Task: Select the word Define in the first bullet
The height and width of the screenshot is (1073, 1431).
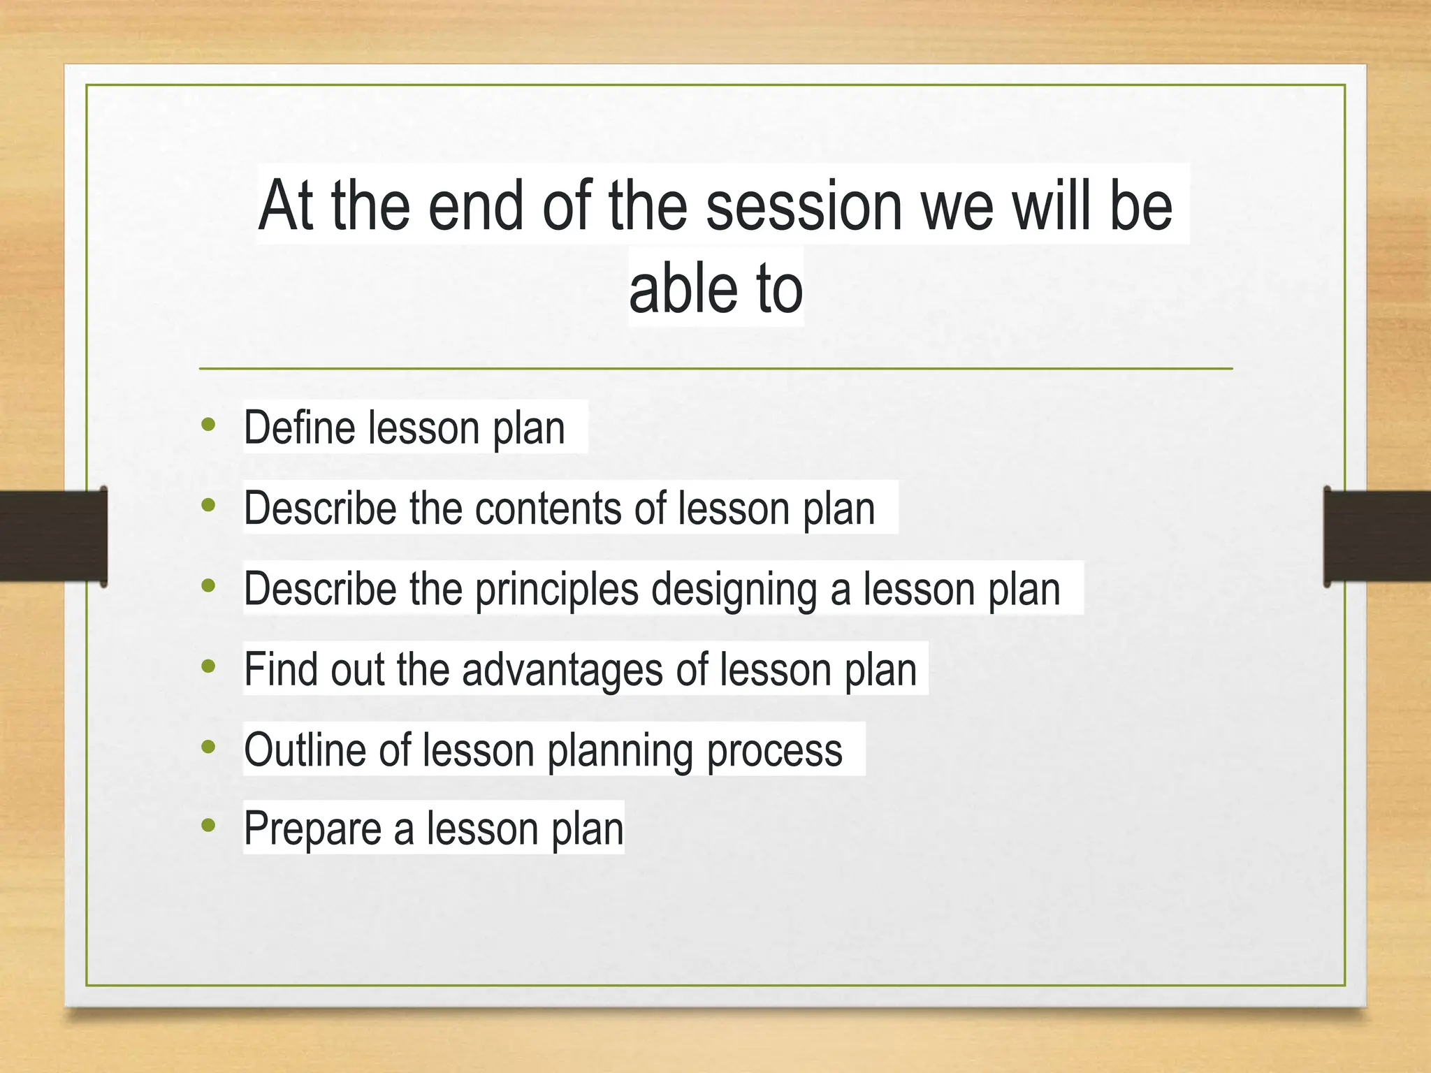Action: pyautogui.click(x=298, y=428)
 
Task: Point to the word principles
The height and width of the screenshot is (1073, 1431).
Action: pyautogui.click(x=556, y=590)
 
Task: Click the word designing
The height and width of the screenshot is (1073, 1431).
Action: pyautogui.click(x=734, y=590)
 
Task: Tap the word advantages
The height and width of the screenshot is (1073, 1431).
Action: pyautogui.click(x=562, y=670)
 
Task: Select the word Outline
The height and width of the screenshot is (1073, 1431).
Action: pyautogui.click(x=305, y=750)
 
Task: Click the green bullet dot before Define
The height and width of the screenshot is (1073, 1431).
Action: pyautogui.click(x=208, y=425)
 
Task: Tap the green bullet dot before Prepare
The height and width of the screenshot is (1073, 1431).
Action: pyautogui.click(x=208, y=826)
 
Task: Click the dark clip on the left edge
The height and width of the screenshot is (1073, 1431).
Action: pyautogui.click(x=53, y=536)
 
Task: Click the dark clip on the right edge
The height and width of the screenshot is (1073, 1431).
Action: pyautogui.click(x=1376, y=536)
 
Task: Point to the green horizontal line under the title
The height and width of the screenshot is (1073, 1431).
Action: pyautogui.click(x=715, y=368)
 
